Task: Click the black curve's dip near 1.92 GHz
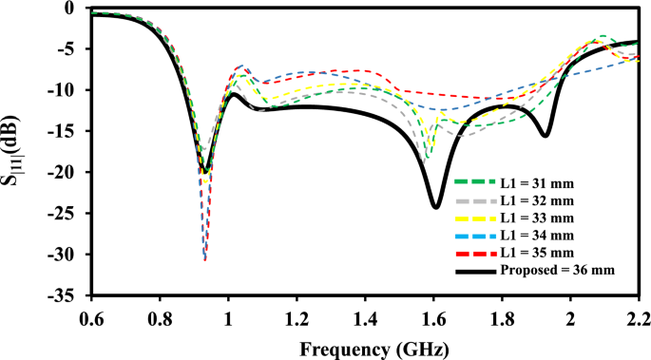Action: point(545,136)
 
